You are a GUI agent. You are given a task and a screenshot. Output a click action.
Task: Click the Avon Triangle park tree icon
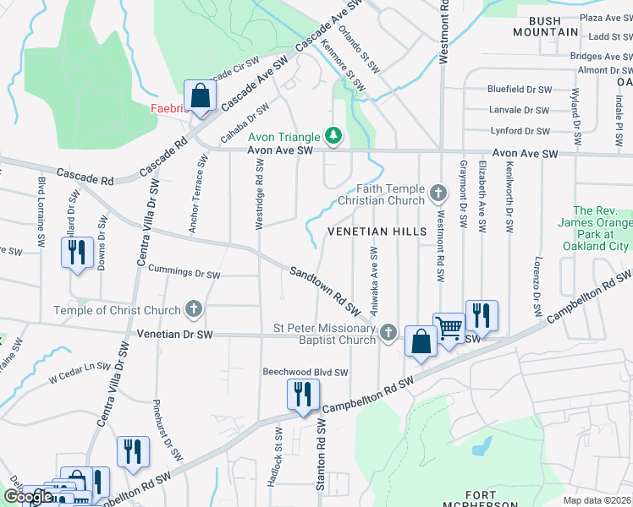click(333, 136)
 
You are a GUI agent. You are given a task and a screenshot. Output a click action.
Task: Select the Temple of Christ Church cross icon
click(195, 309)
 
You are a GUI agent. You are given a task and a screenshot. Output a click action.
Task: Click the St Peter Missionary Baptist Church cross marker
click(388, 331)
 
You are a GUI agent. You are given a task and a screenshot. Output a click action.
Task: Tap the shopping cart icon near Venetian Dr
click(449, 326)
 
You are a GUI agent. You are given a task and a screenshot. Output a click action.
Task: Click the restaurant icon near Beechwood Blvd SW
click(301, 393)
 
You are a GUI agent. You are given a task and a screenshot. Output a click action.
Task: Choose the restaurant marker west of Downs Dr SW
click(76, 252)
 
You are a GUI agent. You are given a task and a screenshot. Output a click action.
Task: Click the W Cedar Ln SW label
click(80, 373)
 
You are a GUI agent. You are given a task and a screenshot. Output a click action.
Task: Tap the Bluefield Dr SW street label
click(519, 89)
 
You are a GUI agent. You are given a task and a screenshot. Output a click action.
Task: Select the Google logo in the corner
click(28, 497)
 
